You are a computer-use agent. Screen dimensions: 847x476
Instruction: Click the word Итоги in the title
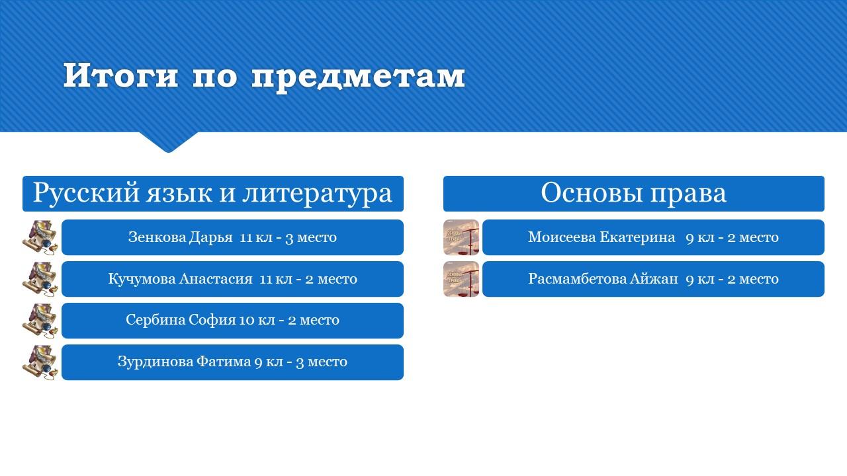(x=120, y=75)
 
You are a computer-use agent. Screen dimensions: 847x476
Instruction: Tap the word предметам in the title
(x=358, y=77)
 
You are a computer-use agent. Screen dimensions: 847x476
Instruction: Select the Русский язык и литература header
(x=213, y=194)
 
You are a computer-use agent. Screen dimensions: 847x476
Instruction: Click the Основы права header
(x=634, y=194)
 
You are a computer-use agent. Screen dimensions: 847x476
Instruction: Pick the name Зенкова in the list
(x=157, y=237)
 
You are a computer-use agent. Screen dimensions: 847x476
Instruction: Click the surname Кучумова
(x=142, y=279)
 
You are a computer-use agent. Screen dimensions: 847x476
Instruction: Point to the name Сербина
(x=155, y=320)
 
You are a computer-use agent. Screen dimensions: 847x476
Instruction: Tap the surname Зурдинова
(x=155, y=362)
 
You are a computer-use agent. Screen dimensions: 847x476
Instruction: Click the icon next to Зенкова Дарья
(x=40, y=237)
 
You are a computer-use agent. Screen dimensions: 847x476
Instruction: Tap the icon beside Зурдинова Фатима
(x=40, y=362)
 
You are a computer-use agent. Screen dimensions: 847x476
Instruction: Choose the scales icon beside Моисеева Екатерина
(x=461, y=237)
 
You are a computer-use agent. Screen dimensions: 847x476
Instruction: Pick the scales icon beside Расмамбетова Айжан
(x=461, y=279)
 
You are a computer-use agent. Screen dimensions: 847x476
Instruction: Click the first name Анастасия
(x=216, y=279)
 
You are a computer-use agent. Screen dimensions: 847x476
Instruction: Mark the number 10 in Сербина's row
(x=247, y=321)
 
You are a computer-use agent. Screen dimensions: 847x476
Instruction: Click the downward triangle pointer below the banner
(x=169, y=142)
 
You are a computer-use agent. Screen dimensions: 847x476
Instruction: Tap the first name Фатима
(x=224, y=362)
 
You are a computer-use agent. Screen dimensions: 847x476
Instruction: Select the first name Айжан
(x=654, y=279)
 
